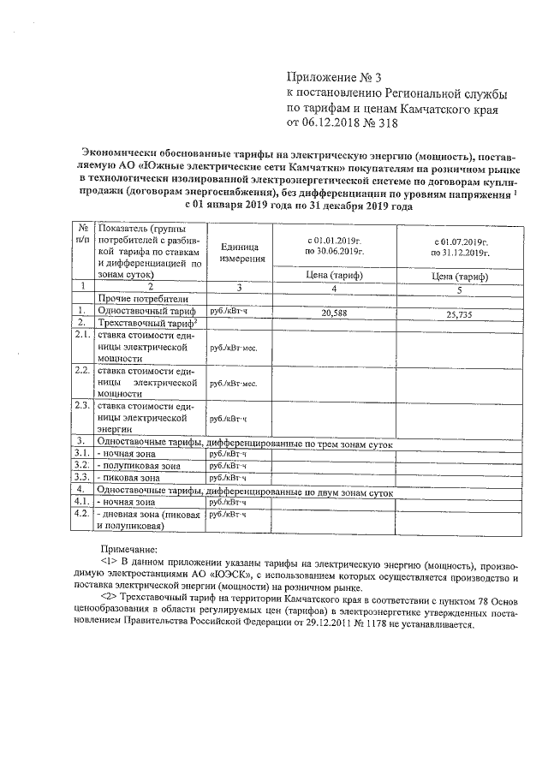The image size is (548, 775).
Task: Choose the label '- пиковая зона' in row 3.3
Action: click(x=128, y=477)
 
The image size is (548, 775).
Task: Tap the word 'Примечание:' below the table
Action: click(x=129, y=549)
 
